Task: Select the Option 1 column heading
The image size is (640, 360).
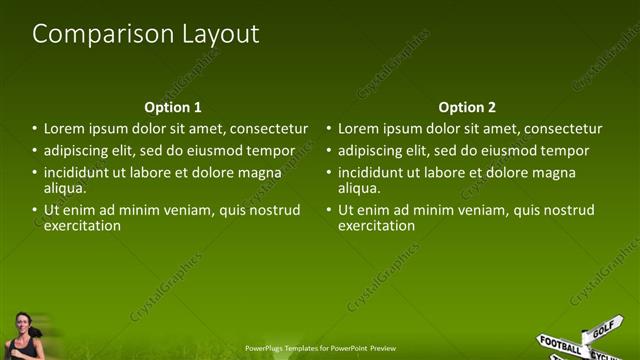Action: (173, 107)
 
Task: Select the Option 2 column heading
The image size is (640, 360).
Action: (467, 107)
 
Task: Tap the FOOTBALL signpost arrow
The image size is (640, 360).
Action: (561, 343)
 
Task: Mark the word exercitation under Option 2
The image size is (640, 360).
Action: (376, 225)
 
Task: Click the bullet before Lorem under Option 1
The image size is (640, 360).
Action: (35, 129)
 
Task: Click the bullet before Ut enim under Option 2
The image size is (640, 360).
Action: (329, 210)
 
